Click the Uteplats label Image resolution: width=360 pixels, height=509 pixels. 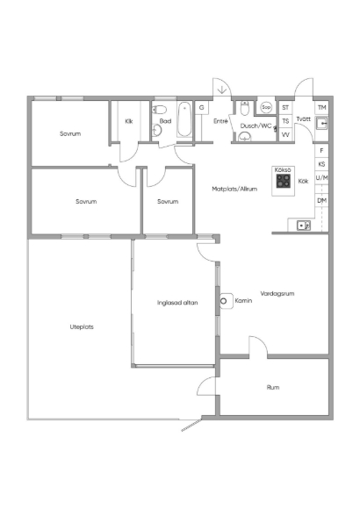point(82,326)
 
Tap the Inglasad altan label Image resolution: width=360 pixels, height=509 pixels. point(177,303)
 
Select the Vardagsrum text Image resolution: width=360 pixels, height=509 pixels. point(277,293)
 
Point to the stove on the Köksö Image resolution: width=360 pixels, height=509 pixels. point(284,181)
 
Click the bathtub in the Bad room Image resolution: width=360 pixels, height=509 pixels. point(184,119)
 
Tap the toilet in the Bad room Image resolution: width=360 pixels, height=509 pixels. point(159,110)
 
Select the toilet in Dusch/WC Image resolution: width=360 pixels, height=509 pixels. point(245,109)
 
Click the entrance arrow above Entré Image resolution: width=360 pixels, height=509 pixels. point(222,90)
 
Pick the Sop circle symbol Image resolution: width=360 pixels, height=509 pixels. point(266,107)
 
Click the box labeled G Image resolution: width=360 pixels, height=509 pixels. point(201,107)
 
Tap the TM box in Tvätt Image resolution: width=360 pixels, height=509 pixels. point(321,107)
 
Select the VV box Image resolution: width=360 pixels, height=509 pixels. point(285,134)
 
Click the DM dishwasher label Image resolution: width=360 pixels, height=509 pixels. point(321,201)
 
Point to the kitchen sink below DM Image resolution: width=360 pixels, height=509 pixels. point(304,225)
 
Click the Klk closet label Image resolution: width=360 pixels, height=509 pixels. point(129,121)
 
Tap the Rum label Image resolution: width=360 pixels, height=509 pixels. point(273,387)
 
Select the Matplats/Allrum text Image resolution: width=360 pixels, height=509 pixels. point(234,189)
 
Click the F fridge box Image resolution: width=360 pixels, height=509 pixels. point(321,151)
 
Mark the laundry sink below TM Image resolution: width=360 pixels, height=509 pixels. point(321,124)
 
